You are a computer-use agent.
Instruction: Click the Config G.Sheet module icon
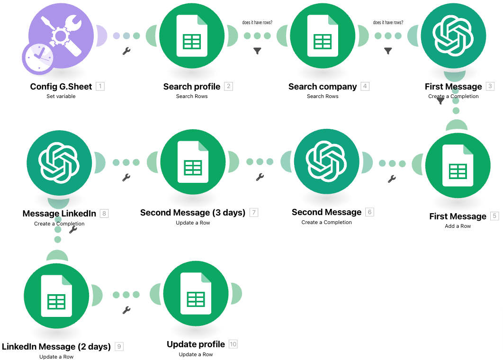(61, 36)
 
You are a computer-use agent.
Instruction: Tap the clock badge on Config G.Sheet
(38, 58)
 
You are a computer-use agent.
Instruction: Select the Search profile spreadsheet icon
(192, 36)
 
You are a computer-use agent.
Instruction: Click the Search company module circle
(323, 36)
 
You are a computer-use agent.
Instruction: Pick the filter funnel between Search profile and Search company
(257, 51)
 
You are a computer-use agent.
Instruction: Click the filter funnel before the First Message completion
(388, 51)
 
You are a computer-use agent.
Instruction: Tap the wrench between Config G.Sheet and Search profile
(126, 51)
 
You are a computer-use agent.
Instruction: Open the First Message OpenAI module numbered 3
(453, 36)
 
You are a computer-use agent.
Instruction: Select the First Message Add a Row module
(458, 165)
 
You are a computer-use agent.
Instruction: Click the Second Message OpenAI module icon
(326, 162)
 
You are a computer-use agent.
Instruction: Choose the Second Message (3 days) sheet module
(193, 162)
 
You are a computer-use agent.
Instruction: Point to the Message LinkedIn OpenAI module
(59, 163)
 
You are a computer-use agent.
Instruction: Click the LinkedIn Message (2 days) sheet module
(56, 296)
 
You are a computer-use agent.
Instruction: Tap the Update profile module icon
(196, 293)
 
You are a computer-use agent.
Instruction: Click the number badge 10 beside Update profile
(233, 344)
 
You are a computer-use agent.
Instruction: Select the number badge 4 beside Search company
(365, 86)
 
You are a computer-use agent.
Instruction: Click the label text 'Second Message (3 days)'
(193, 213)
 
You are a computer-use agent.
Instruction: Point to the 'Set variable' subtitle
(61, 96)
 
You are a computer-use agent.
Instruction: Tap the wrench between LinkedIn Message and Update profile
(126, 310)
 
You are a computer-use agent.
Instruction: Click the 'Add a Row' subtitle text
(458, 226)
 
